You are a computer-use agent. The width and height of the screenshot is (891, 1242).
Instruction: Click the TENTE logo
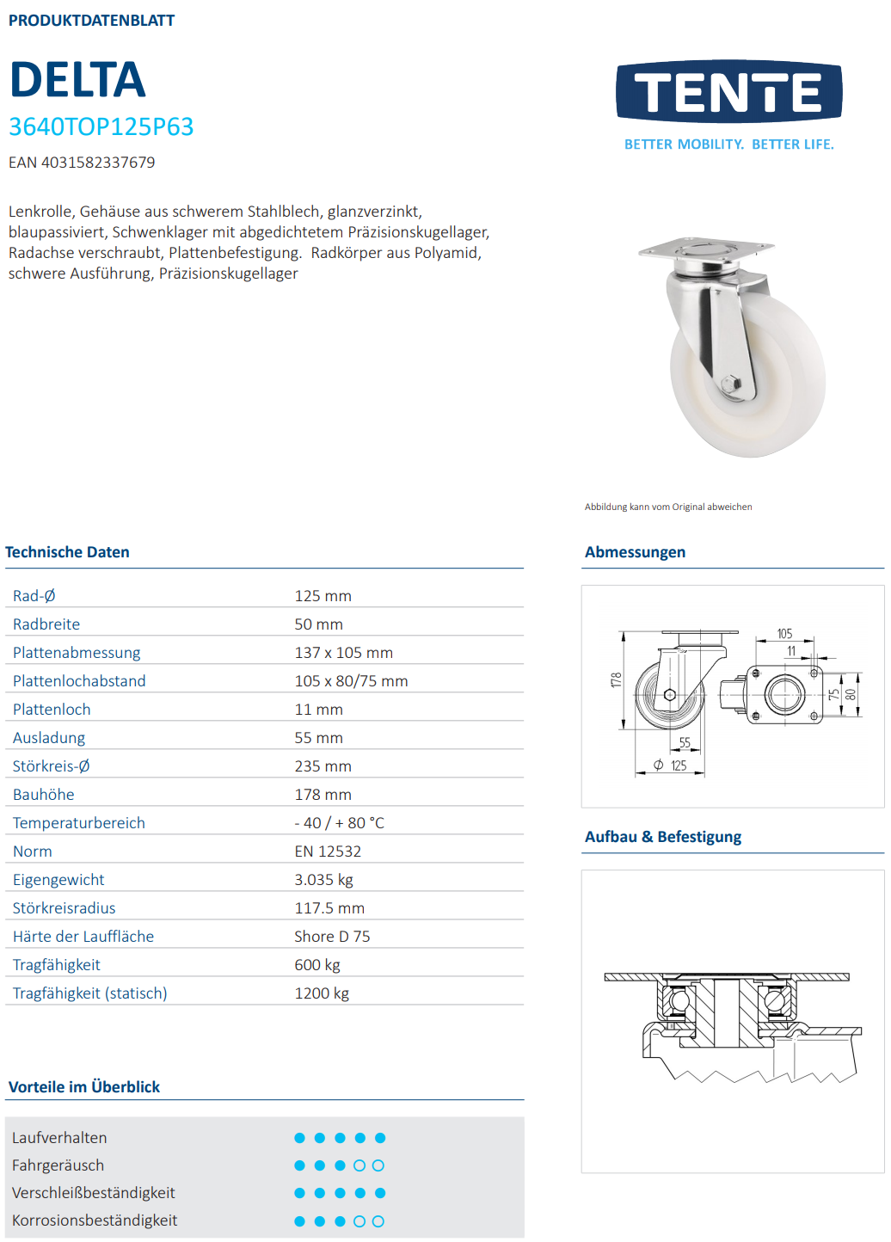(728, 91)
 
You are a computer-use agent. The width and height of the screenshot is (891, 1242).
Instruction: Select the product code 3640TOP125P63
(101, 126)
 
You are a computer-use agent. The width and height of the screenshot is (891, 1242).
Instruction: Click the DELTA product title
(77, 80)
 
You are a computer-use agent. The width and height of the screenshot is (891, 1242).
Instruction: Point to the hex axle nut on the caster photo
(730, 384)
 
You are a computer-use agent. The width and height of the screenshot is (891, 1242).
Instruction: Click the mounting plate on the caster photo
(705, 250)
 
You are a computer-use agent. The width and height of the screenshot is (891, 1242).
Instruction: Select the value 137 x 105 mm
(343, 653)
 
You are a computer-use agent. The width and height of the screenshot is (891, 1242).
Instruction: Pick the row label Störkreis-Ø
(51, 766)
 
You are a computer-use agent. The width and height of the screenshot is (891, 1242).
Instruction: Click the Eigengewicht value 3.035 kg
(323, 880)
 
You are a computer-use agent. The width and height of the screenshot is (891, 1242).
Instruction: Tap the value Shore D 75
(332, 937)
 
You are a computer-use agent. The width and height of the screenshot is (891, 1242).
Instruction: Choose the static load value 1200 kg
(322, 993)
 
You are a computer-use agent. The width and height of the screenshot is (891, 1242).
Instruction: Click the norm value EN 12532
(328, 852)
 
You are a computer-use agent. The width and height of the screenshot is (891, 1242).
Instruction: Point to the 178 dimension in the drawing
(615, 679)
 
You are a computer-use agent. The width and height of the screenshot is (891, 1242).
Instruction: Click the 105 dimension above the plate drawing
(784, 634)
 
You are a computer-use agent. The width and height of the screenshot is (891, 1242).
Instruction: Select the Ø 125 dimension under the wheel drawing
(671, 765)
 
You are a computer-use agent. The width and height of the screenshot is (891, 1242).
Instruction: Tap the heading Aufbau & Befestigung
(662, 837)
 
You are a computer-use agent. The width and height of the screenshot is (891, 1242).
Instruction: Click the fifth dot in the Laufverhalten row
(380, 1138)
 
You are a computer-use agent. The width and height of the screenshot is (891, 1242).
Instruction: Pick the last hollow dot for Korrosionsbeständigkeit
(378, 1221)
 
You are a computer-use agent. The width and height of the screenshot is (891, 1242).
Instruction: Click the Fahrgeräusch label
(58, 1165)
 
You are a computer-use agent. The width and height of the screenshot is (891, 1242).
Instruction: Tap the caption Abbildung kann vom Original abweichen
(668, 507)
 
